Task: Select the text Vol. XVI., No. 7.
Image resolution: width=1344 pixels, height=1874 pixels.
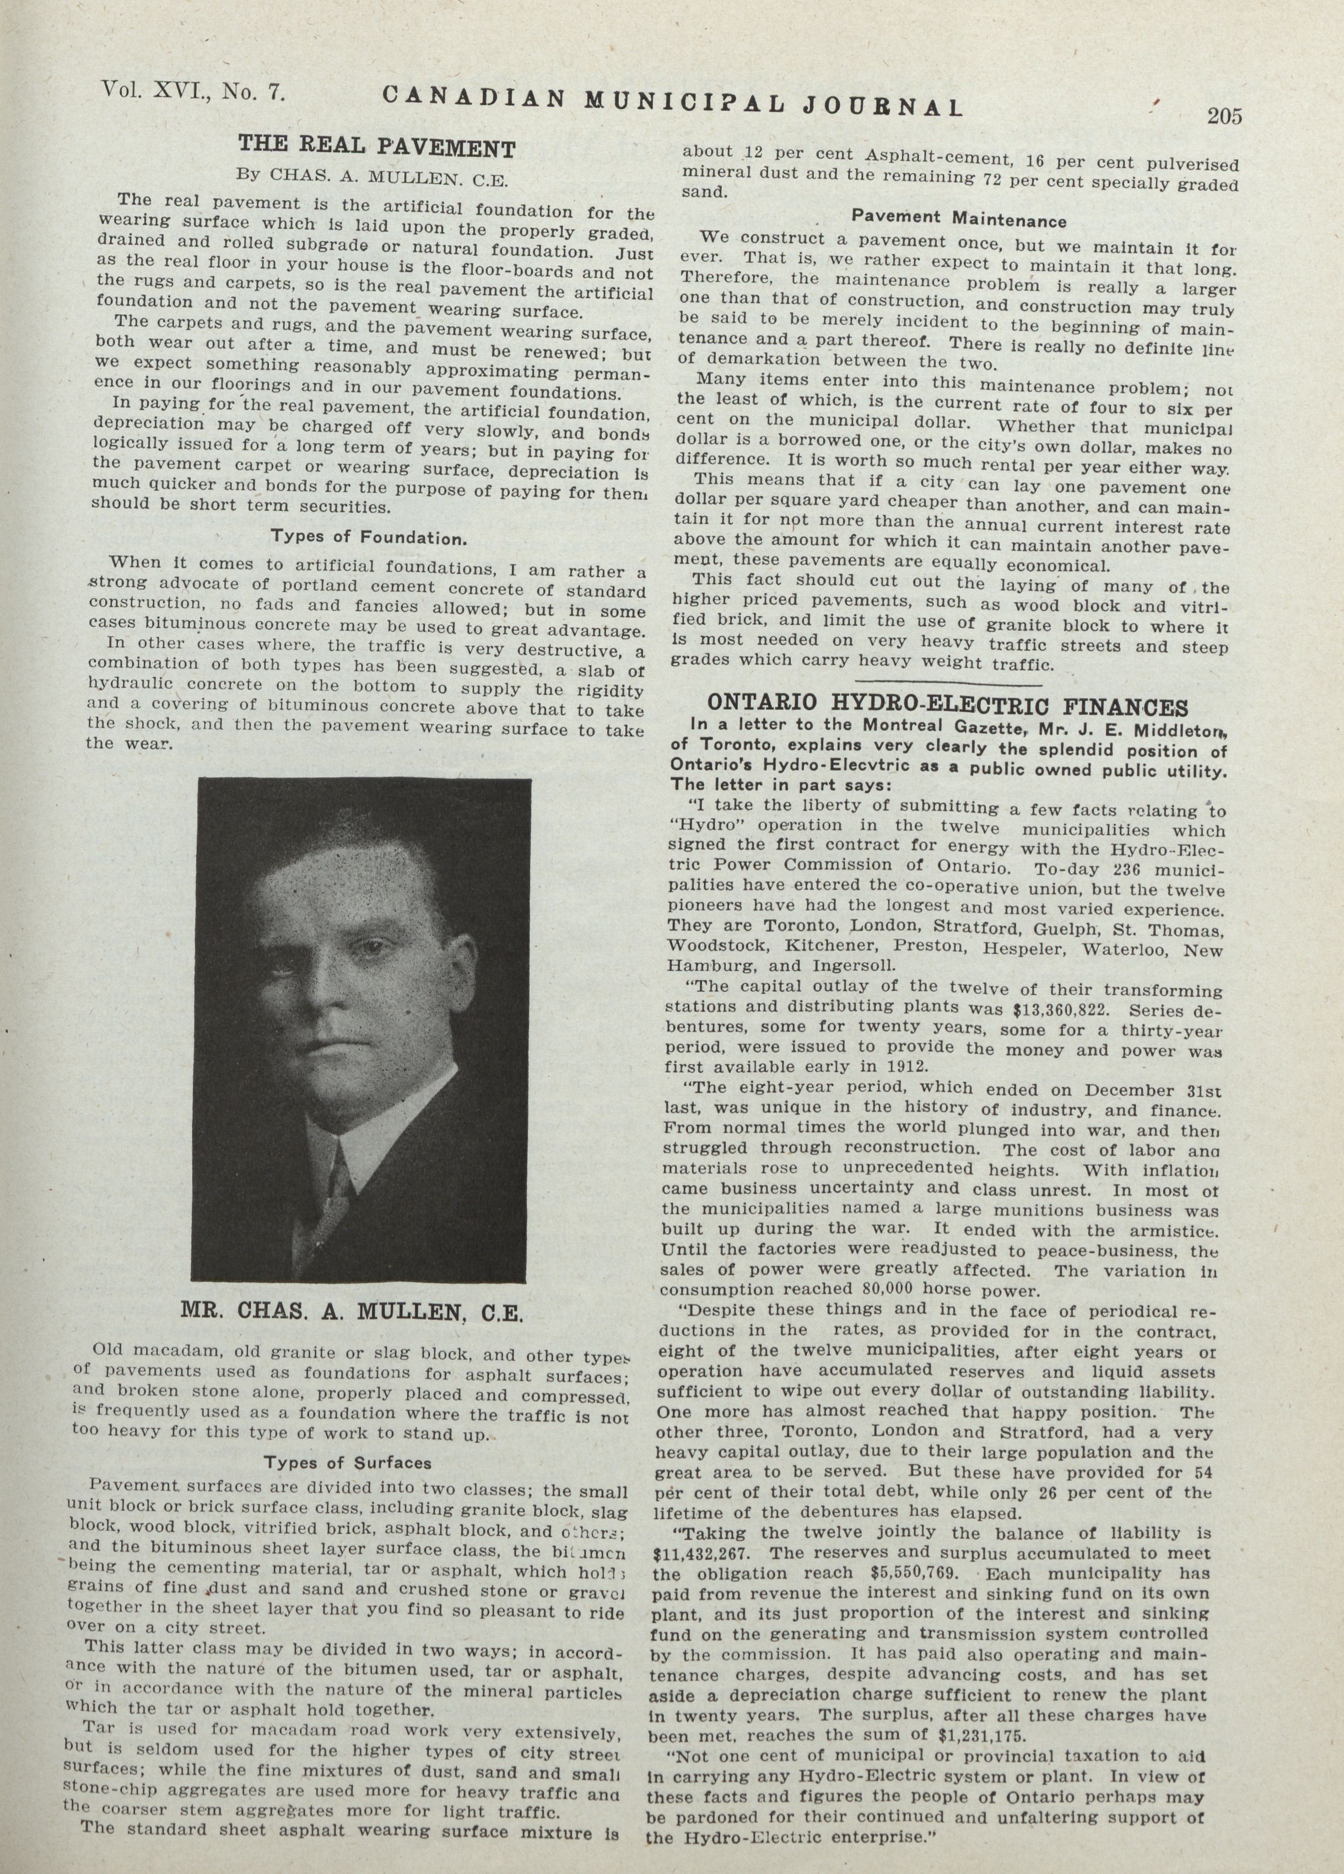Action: (192, 92)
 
